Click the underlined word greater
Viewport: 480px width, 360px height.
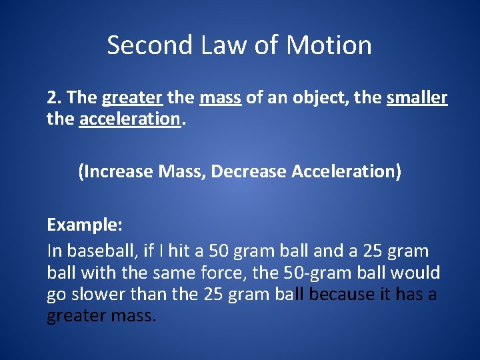click(132, 98)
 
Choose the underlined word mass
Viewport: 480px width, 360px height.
click(220, 98)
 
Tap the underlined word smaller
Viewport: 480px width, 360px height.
click(417, 98)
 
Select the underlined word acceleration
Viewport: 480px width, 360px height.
click(129, 119)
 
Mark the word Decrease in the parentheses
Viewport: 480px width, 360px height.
click(251, 171)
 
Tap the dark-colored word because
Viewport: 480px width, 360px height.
click(342, 294)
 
